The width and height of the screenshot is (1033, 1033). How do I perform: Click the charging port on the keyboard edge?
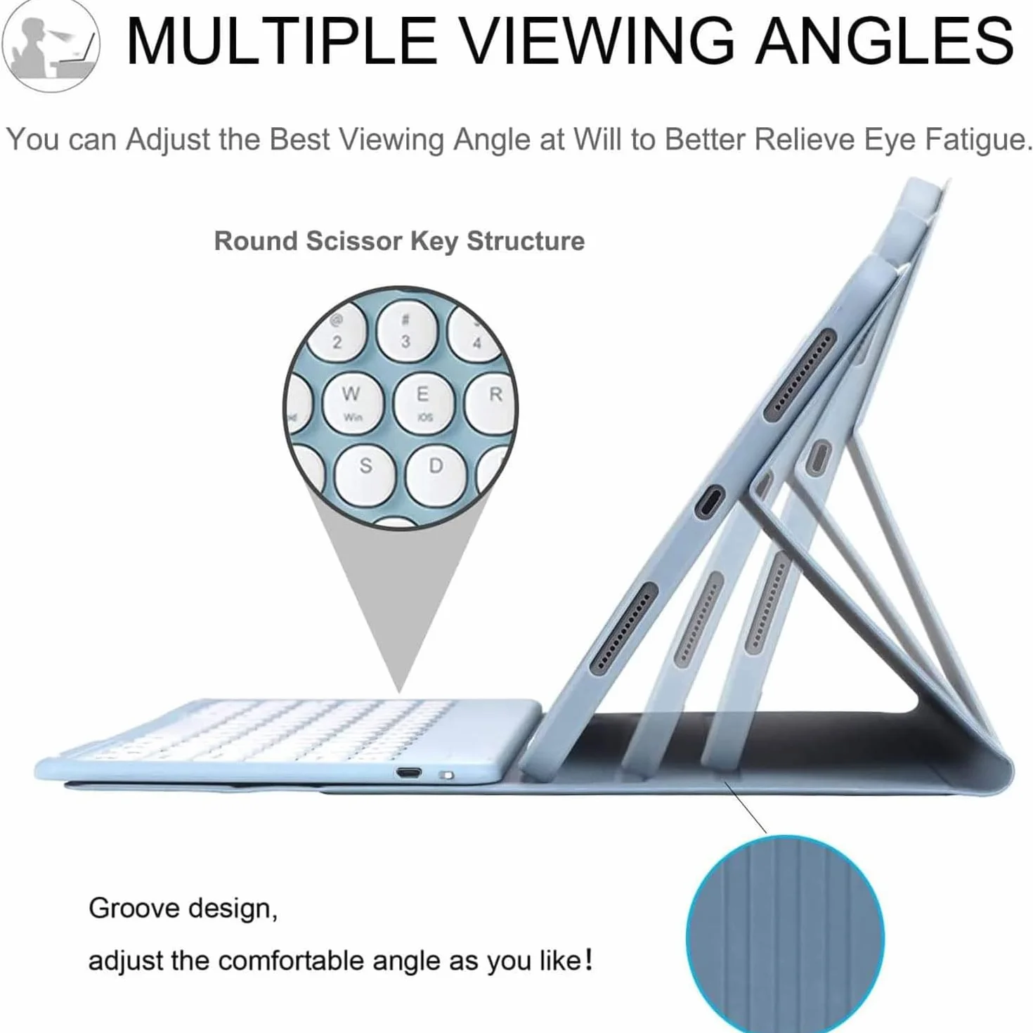tap(408, 774)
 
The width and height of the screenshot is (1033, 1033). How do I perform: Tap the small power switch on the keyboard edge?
tap(446, 774)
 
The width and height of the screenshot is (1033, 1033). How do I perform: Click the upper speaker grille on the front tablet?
tap(800, 373)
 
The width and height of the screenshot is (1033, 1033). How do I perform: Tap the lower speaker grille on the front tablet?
tap(624, 628)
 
